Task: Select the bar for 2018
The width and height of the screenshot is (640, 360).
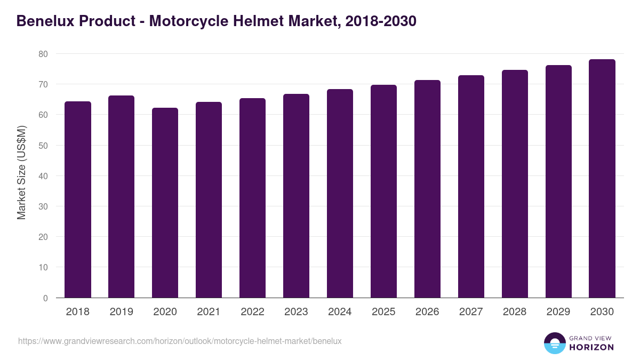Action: pyautogui.click(x=78, y=199)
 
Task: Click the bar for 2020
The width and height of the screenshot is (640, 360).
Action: pyautogui.click(x=165, y=203)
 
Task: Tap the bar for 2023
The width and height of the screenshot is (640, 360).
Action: pyautogui.click(x=296, y=196)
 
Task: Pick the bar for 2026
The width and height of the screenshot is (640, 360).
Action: pyautogui.click(x=427, y=189)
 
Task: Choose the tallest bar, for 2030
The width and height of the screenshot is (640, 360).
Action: pyautogui.click(x=602, y=179)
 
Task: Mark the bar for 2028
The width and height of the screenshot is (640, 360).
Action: pyautogui.click(x=515, y=184)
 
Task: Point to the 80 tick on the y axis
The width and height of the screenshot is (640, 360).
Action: pyautogui.click(x=43, y=54)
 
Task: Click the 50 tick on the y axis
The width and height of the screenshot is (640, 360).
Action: pyautogui.click(x=43, y=146)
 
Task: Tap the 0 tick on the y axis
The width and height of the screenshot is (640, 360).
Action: pyautogui.click(x=45, y=298)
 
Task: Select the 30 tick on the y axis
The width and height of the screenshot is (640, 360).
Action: pyautogui.click(x=43, y=206)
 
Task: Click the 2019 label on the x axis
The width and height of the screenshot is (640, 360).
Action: pyautogui.click(x=122, y=312)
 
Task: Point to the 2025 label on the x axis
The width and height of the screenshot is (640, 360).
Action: pyautogui.click(x=383, y=312)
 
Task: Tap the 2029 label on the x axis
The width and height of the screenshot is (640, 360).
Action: pyautogui.click(x=558, y=312)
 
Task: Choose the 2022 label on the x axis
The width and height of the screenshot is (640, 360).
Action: pyautogui.click(x=252, y=312)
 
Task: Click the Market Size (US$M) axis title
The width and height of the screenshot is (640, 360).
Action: pyautogui.click(x=21, y=172)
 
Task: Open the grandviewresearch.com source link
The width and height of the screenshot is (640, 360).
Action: pyautogui.click(x=180, y=341)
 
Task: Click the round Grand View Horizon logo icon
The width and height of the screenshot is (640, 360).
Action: pyautogui.click(x=554, y=343)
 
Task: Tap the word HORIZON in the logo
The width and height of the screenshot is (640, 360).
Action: pyautogui.click(x=591, y=347)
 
